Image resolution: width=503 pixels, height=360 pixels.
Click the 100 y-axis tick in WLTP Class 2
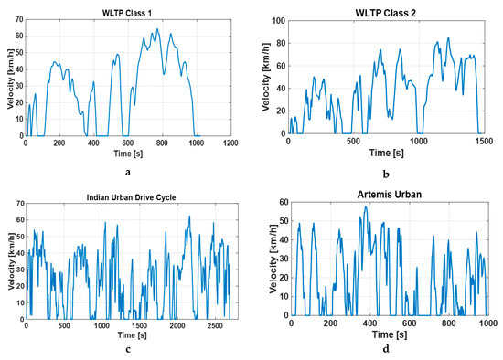(x=275, y=19)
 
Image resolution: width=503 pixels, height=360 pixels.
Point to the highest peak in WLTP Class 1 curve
(x=157, y=29)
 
